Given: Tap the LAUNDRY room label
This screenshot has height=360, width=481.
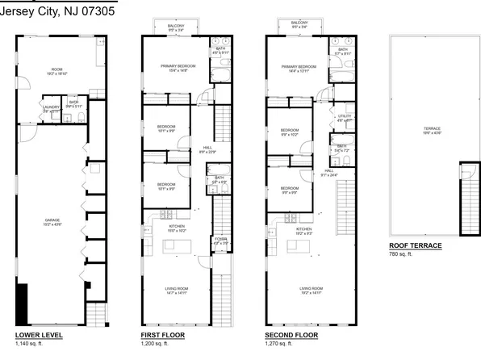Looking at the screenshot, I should [x=52, y=105].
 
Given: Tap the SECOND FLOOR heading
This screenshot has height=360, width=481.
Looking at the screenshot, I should [x=291, y=334].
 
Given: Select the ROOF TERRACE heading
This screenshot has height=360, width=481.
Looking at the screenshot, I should [x=415, y=245].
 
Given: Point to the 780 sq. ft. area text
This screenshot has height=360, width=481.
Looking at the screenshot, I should [x=401, y=255].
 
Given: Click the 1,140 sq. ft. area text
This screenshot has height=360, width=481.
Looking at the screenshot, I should [x=31, y=344].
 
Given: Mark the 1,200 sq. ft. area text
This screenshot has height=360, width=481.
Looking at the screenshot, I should [x=157, y=344].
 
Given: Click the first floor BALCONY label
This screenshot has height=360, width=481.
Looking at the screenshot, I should [x=176, y=26].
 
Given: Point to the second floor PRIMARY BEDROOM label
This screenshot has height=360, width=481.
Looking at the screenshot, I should [x=298, y=66].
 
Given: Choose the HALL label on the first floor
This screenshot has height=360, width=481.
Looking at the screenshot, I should [x=207, y=148].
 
